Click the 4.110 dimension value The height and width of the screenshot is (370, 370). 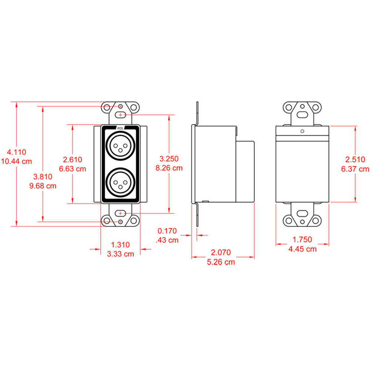tap(17, 152)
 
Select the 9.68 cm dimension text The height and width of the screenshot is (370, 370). tap(43, 186)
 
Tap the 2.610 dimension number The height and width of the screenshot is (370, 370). tap(73, 159)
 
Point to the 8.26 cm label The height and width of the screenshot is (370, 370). tap(169, 168)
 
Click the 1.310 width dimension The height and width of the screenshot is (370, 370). tap(121, 244)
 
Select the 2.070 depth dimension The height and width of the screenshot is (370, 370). tap(221, 253)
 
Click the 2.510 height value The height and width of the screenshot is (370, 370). tap(355, 159)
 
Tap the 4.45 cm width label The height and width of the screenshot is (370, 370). tap(302, 249)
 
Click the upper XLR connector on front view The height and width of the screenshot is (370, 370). tap(120, 145)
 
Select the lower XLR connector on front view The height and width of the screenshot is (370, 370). tap(120, 181)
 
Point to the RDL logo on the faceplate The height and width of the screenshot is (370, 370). tap(120, 128)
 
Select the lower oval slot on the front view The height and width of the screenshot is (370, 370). tap(120, 213)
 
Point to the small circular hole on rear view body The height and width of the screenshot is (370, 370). tap(303, 131)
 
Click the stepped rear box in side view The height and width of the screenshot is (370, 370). tap(245, 171)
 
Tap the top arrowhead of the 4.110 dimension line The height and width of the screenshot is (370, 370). tap(17, 104)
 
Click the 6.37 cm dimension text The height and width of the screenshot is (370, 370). tap(355, 169)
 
